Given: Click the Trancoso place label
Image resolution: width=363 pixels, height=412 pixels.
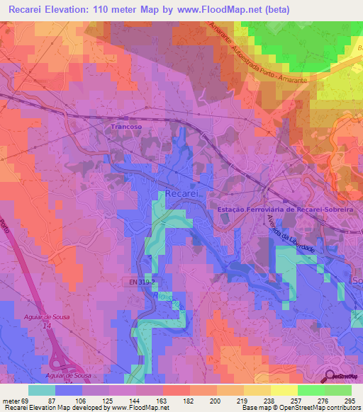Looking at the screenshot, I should [x=127, y=127].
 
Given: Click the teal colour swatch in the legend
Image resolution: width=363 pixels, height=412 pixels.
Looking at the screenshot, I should [x=42, y=390].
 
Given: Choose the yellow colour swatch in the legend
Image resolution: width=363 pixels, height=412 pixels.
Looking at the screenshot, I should [x=284, y=390].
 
